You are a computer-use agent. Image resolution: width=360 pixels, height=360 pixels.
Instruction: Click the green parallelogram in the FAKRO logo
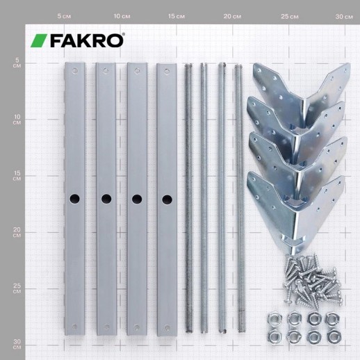(x=39, y=40)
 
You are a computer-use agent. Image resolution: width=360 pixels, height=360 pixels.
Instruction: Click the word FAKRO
(x=86, y=41)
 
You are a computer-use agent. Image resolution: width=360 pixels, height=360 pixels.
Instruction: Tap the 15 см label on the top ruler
(x=177, y=17)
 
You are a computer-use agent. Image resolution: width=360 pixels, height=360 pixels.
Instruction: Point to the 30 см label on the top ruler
(x=344, y=17)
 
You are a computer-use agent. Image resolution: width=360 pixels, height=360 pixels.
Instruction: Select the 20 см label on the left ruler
(x=17, y=232)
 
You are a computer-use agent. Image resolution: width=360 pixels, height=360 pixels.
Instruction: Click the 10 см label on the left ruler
(x=17, y=120)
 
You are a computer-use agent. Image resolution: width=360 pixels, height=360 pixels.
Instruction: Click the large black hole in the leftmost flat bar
(x=74, y=199)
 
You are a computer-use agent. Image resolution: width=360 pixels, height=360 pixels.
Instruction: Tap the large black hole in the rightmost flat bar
(x=167, y=199)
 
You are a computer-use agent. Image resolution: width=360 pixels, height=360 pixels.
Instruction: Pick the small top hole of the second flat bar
(x=106, y=70)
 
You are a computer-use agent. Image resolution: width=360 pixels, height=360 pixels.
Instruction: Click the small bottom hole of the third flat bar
(x=137, y=327)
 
